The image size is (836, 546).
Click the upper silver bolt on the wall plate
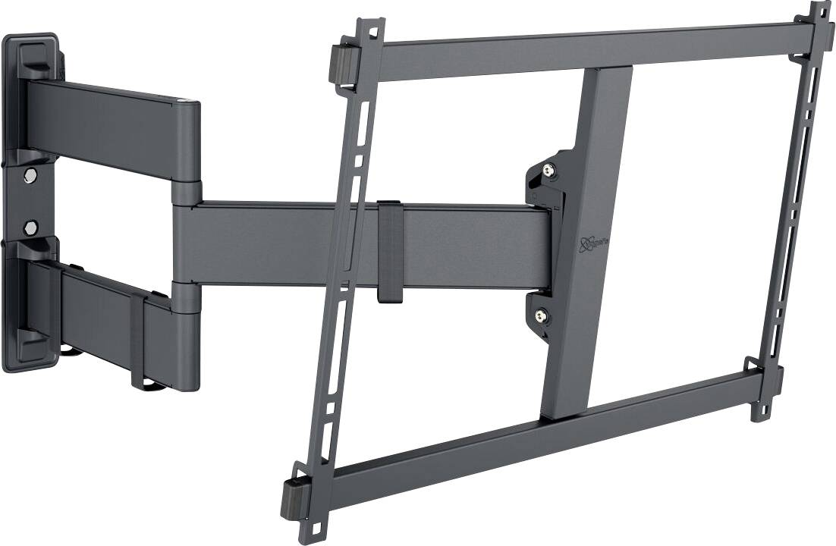[30, 176]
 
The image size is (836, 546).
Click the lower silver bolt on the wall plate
[30, 226]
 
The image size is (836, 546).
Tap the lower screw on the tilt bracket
[541, 314]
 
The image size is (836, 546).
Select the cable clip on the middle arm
[388, 251]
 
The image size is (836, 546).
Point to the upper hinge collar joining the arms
[186, 191]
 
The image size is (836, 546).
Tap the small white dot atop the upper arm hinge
[182, 99]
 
